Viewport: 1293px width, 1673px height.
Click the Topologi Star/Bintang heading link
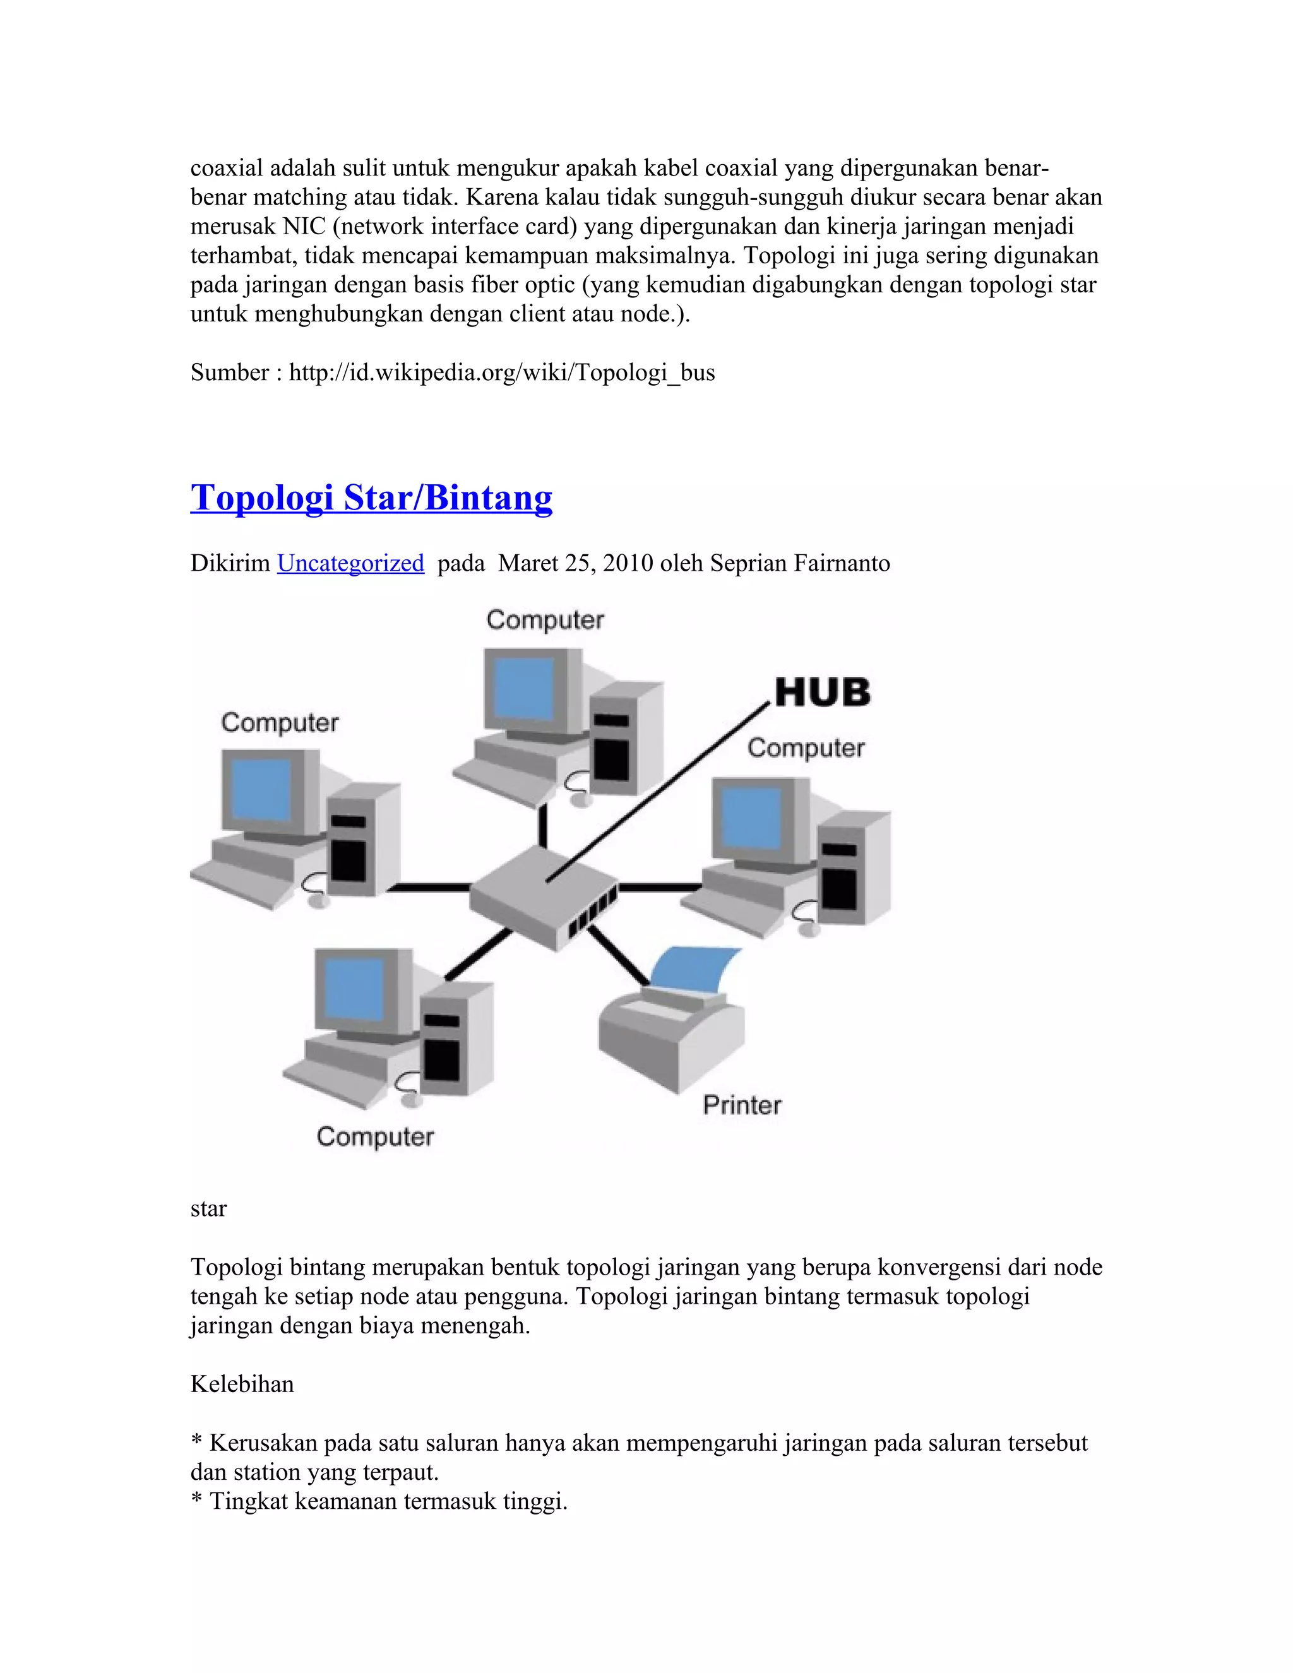(x=371, y=498)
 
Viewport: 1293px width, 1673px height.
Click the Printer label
(x=741, y=1105)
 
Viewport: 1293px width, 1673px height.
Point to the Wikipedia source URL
(x=502, y=372)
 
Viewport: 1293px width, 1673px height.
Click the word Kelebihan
(x=242, y=1384)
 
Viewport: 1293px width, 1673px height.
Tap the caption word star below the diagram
(x=208, y=1209)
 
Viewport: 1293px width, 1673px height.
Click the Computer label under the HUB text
(x=806, y=747)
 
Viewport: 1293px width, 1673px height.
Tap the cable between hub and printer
(x=617, y=955)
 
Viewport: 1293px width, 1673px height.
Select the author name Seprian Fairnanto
(x=800, y=563)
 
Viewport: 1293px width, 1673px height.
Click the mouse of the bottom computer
(x=412, y=1101)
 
